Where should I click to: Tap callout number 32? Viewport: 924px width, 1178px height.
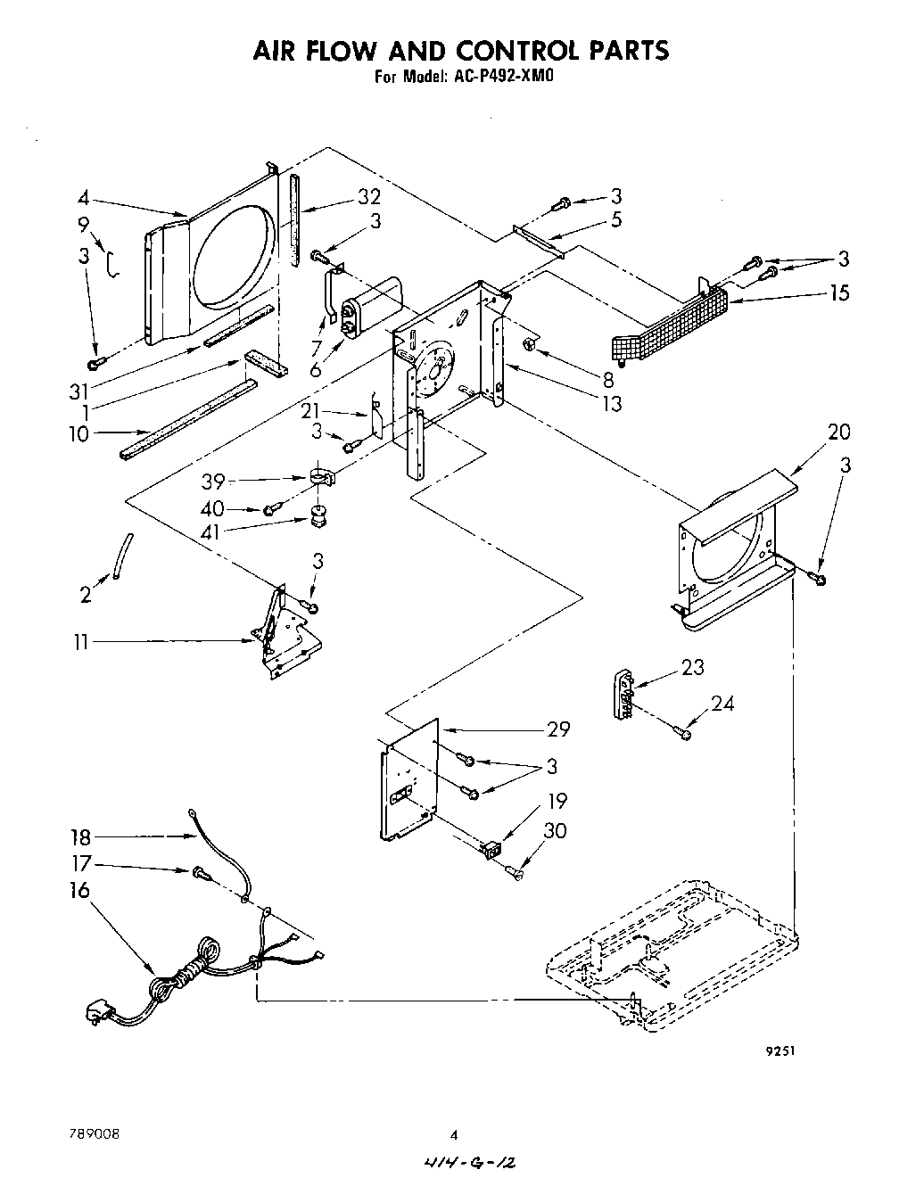click(344, 197)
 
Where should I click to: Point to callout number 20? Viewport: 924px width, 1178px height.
click(837, 432)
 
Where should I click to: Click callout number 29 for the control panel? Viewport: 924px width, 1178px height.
click(557, 729)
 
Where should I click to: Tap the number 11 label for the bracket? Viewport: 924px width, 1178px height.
click(81, 641)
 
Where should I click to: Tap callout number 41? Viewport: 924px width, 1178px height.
click(211, 532)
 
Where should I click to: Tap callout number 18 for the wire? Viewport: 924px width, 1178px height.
click(80, 836)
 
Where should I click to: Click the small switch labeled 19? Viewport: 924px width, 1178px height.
click(491, 850)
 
